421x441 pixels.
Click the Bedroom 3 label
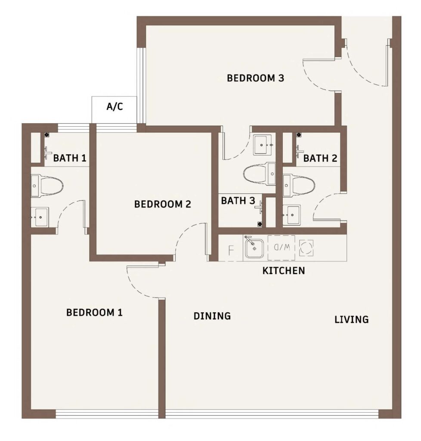coord(255,78)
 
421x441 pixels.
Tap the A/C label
coord(115,107)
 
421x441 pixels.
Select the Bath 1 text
coord(70,158)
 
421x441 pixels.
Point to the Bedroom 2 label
coord(162,204)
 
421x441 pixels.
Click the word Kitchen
coord(284,270)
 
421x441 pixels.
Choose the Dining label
coord(212,316)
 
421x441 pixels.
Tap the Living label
coord(352,320)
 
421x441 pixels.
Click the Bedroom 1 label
coord(94,312)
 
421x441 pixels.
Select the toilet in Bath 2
coord(299,185)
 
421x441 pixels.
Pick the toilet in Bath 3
coord(260,174)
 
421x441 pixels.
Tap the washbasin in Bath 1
coord(40,217)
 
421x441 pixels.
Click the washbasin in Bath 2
coord(291,214)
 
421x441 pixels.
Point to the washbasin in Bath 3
coord(263,145)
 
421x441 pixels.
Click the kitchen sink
coord(254,248)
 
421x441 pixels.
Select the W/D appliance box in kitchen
coord(282,248)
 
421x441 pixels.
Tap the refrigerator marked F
coord(231,250)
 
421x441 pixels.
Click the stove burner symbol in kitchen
coord(306,248)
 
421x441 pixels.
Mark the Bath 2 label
coord(320,158)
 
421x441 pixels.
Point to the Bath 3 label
coord(238,201)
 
